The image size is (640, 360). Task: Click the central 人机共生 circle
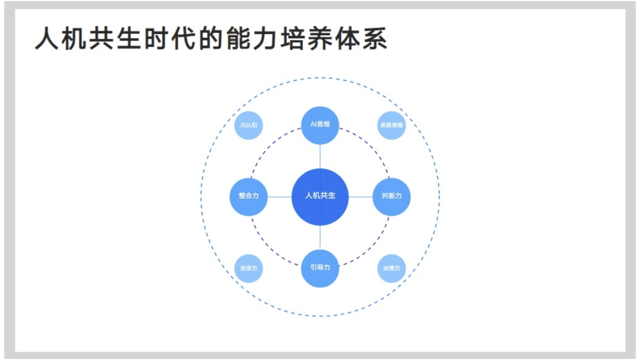[x=320, y=196]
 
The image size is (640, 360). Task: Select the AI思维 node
[x=320, y=125]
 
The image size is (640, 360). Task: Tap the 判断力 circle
[x=391, y=196]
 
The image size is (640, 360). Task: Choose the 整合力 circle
[x=249, y=196]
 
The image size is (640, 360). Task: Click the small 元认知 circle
[x=249, y=126]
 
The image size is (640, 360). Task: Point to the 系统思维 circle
[x=391, y=126]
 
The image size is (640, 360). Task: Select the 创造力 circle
[x=249, y=268]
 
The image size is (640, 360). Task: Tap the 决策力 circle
[x=391, y=268]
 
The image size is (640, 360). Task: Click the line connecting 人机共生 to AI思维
[x=320, y=156]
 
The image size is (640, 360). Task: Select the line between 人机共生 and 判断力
[x=361, y=196]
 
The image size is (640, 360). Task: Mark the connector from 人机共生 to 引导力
[x=320, y=237]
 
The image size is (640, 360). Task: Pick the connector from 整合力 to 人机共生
[x=279, y=196]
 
